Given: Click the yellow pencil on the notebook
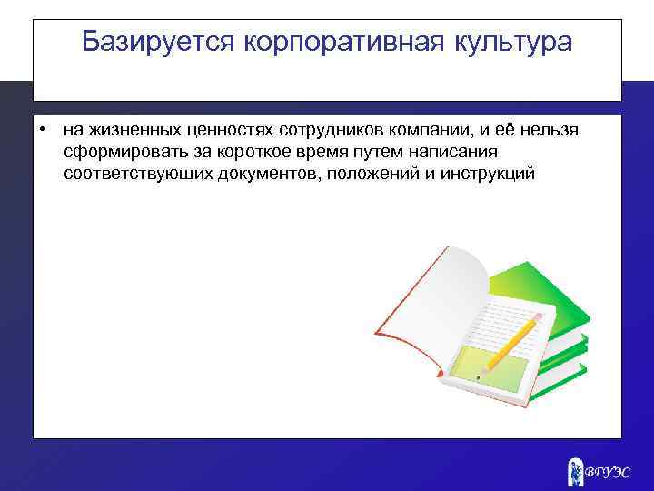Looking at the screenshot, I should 509,343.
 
